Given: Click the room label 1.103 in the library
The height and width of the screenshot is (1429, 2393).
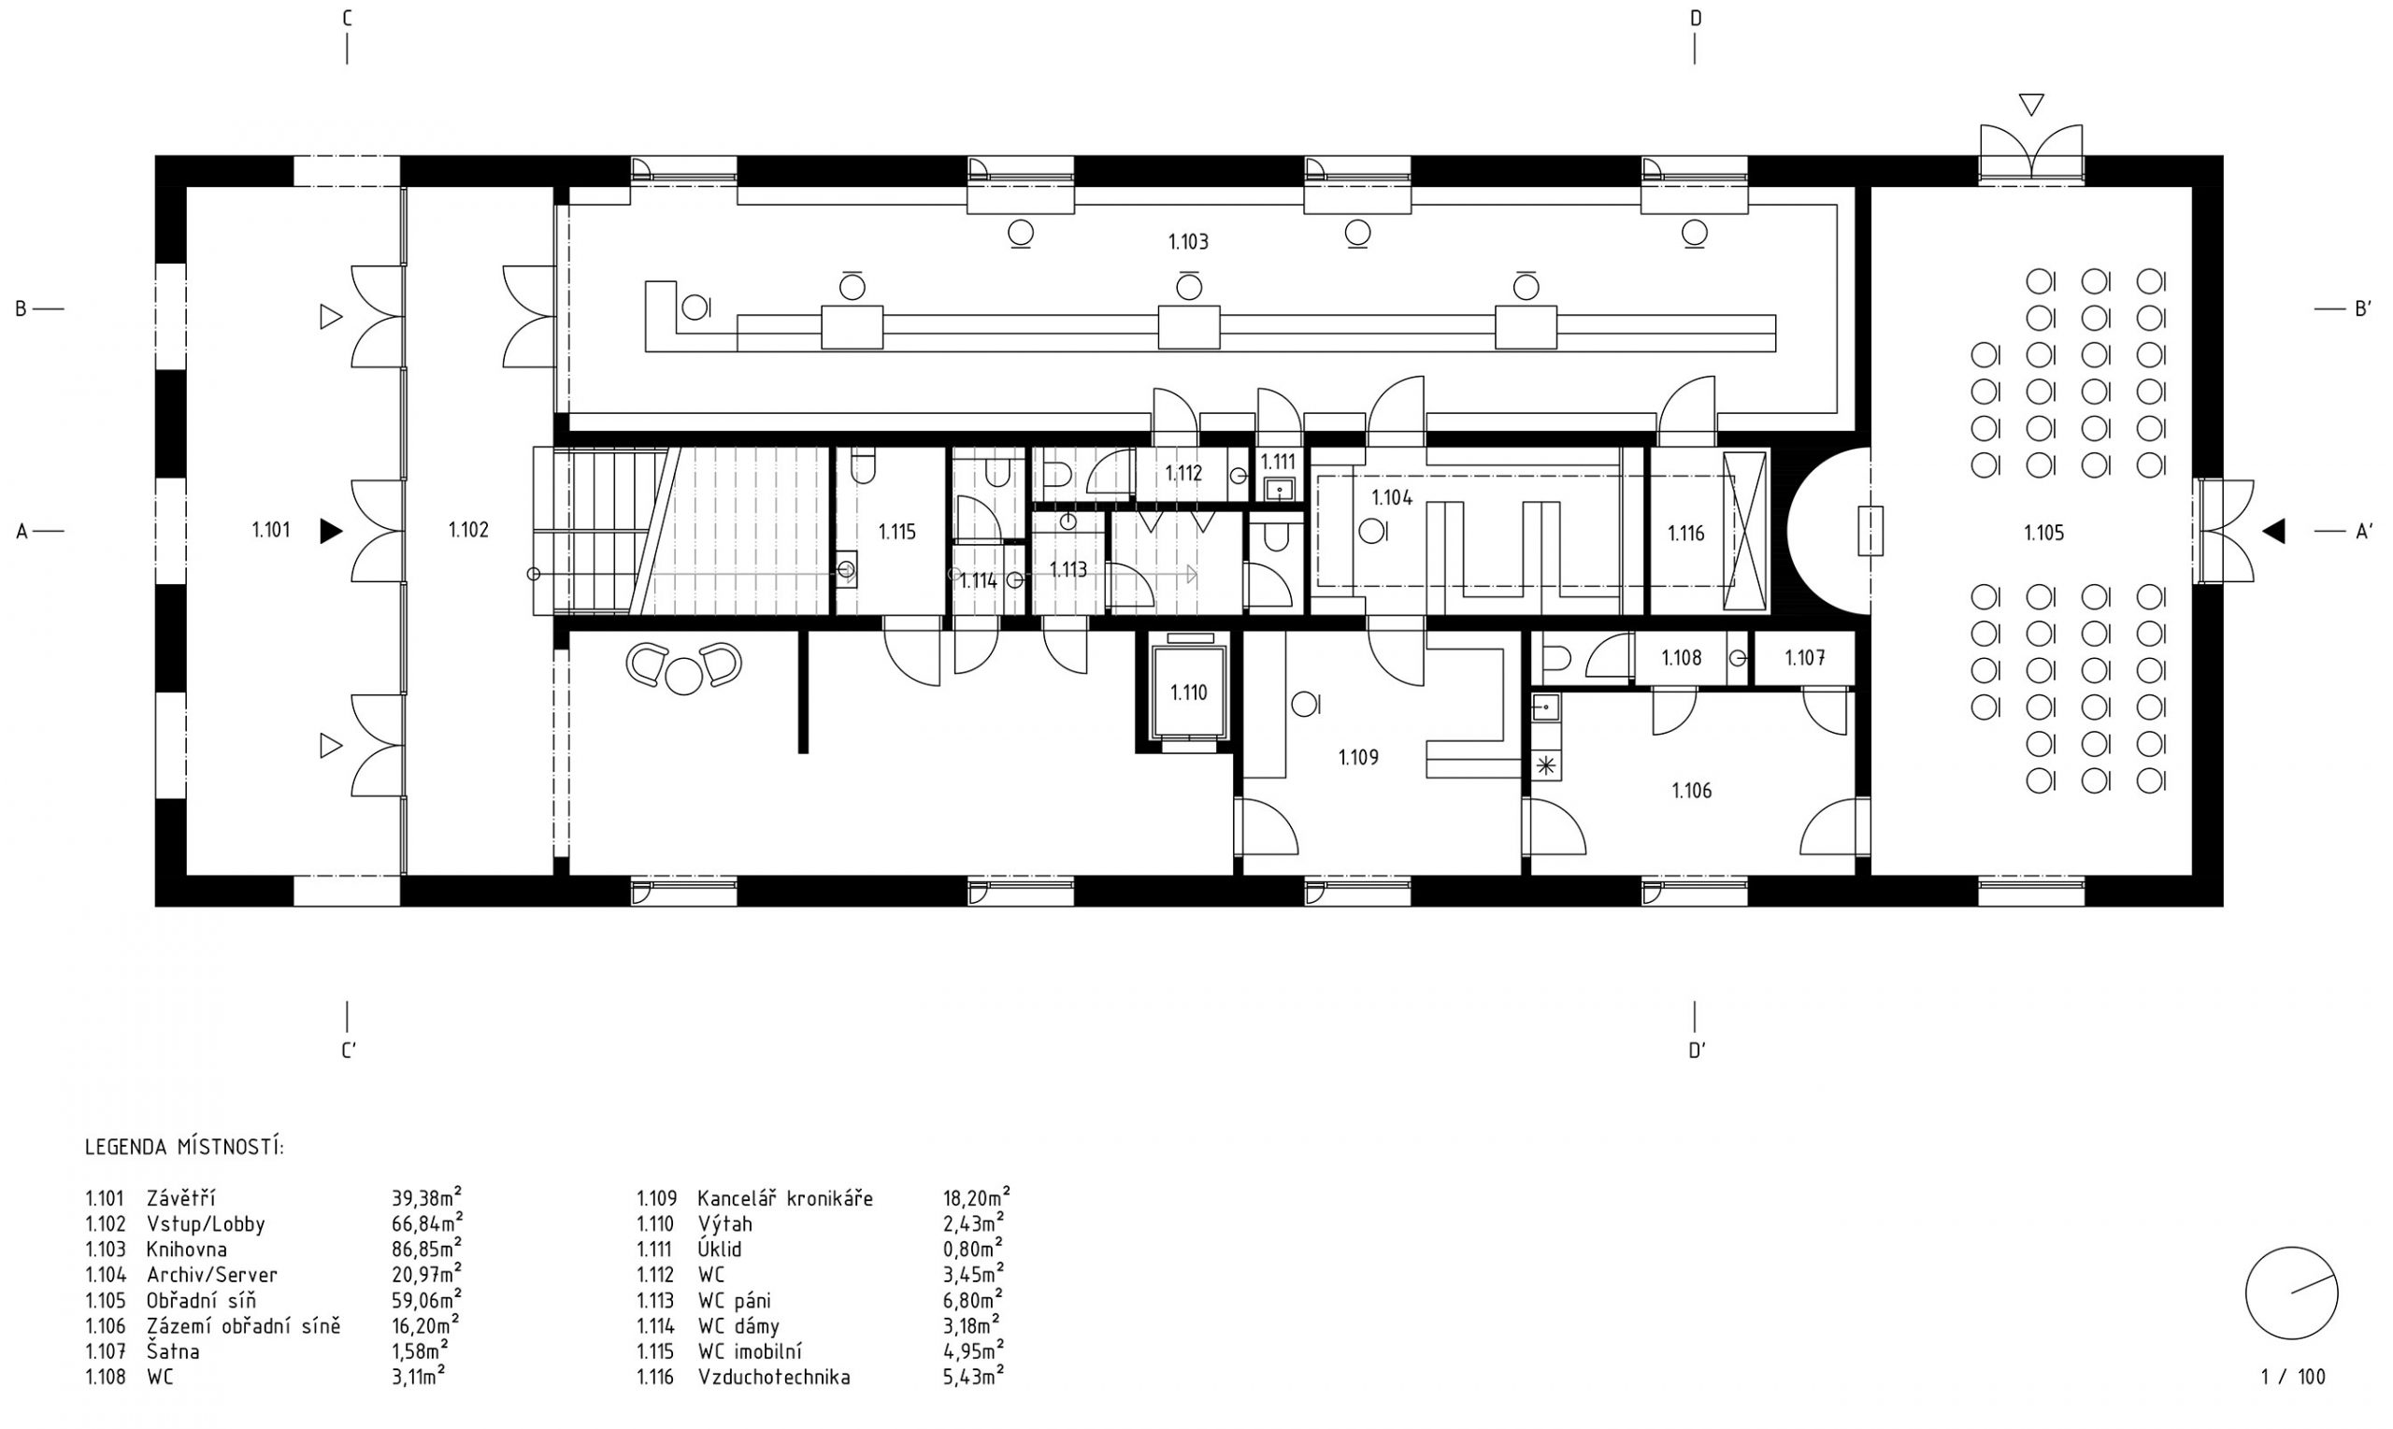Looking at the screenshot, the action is pos(1188,242).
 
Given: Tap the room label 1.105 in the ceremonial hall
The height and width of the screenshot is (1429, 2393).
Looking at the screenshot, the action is pos(2043,533).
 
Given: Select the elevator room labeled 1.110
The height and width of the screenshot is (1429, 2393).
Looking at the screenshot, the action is pos(1188,693).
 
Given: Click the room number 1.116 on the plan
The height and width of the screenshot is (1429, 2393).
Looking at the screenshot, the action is pos(1686,533).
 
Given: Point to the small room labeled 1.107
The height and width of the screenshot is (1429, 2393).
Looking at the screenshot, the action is pos(1805,659).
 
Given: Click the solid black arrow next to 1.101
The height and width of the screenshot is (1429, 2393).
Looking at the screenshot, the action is pos(331,531).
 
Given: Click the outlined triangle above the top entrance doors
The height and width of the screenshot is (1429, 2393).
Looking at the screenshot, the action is pos(2031,104).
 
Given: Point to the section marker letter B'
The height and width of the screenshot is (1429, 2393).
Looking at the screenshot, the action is pos(2363,309).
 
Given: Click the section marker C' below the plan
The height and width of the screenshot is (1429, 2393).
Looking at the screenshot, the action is pos(349,1050).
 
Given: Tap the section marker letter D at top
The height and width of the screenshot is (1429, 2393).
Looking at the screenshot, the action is pos(1696,19).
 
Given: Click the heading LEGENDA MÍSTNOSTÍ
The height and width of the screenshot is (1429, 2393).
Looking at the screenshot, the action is pos(185,1148).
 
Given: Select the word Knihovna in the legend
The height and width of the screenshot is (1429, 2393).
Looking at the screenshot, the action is pos(187,1250).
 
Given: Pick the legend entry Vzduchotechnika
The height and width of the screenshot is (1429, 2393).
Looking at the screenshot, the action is pos(774,1377).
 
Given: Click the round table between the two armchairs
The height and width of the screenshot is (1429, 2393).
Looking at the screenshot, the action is pos(684,676).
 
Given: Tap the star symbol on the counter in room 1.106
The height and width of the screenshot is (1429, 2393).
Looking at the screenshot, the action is pos(1545,766).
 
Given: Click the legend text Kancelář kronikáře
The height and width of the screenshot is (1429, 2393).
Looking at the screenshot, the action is pos(785,1199).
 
